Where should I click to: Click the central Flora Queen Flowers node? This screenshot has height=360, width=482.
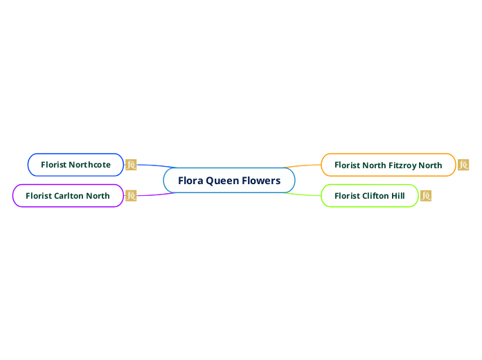pyautogui.click(x=229, y=181)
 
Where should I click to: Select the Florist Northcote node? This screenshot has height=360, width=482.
pyautogui.click(x=75, y=165)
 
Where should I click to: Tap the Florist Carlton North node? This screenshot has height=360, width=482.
pyautogui.click(x=67, y=196)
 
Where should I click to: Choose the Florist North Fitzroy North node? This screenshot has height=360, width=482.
pyautogui.click(x=388, y=165)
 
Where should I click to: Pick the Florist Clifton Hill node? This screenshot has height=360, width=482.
pyautogui.click(x=369, y=196)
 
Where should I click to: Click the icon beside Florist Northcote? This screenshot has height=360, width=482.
pyautogui.click(x=131, y=165)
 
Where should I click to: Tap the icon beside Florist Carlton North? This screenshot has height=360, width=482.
pyautogui.click(x=131, y=196)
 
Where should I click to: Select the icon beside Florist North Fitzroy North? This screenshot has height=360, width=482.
pyautogui.click(x=463, y=165)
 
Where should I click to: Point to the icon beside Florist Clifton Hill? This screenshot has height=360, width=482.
pyautogui.click(x=426, y=196)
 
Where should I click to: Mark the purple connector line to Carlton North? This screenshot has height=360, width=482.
pyautogui.click(x=156, y=195)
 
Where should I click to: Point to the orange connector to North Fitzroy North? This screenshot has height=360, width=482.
pyautogui.click(x=305, y=165)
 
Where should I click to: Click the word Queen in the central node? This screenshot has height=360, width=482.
pyautogui.click(x=222, y=181)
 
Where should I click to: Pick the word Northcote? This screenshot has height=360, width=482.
pyautogui.click(x=89, y=165)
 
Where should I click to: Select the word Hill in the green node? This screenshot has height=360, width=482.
pyautogui.click(x=398, y=196)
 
